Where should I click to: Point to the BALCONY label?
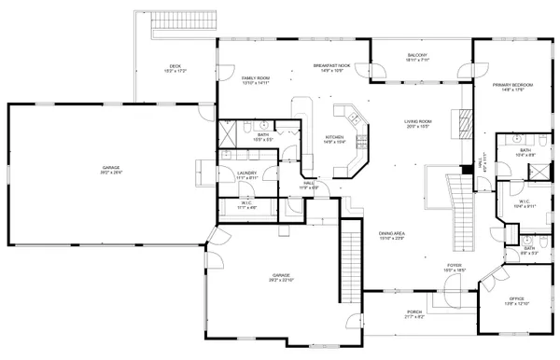click(x=416, y=58)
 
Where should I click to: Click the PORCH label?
click(x=414, y=313)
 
